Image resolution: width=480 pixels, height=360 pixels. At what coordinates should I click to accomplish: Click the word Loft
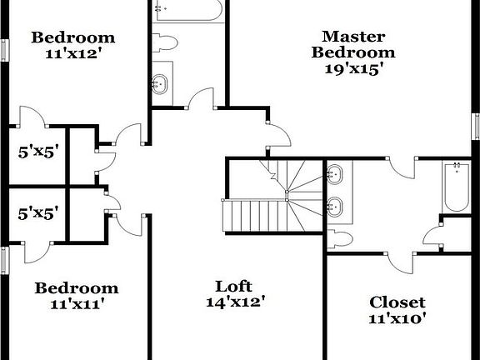coord(234,285)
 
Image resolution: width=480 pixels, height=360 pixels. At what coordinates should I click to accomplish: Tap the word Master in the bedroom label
coord(353,36)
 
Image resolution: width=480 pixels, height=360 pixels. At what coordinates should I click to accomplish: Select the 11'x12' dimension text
coord(72,53)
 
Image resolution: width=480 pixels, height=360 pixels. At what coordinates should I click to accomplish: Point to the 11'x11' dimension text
coord(76,304)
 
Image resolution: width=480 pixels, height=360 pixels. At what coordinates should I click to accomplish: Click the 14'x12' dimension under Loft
coord(236,302)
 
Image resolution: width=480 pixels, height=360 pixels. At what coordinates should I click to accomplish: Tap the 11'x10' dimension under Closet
coord(397,317)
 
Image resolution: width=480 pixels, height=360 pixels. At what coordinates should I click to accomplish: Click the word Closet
coord(397,302)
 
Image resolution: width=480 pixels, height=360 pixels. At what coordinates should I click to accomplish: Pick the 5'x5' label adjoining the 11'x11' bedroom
coord(37,213)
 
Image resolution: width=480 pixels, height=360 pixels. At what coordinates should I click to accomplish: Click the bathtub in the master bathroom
coord(455,187)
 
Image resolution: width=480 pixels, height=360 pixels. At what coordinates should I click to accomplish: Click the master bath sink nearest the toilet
coord(336,206)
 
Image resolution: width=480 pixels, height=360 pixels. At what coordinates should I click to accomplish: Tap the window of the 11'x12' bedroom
coord(6,49)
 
